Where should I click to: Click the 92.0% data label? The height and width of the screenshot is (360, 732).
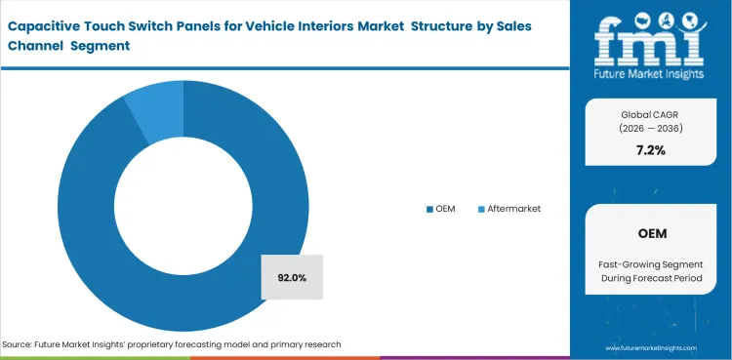[x=292, y=278]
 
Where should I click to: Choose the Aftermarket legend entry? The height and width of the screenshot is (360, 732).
[x=508, y=209]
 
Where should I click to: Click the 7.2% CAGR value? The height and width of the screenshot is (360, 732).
[x=650, y=151]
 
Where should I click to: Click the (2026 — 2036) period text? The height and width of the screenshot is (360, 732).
[x=650, y=128]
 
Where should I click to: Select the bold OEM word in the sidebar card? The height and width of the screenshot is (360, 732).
[x=650, y=235]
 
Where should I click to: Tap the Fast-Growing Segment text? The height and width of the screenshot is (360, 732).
[x=650, y=266]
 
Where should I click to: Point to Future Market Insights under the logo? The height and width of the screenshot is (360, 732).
[x=650, y=75]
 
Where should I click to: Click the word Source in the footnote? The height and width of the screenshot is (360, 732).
[x=20, y=344]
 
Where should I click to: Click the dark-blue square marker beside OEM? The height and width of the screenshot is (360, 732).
[x=428, y=209]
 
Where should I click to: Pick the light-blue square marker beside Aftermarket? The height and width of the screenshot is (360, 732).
[x=479, y=209]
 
